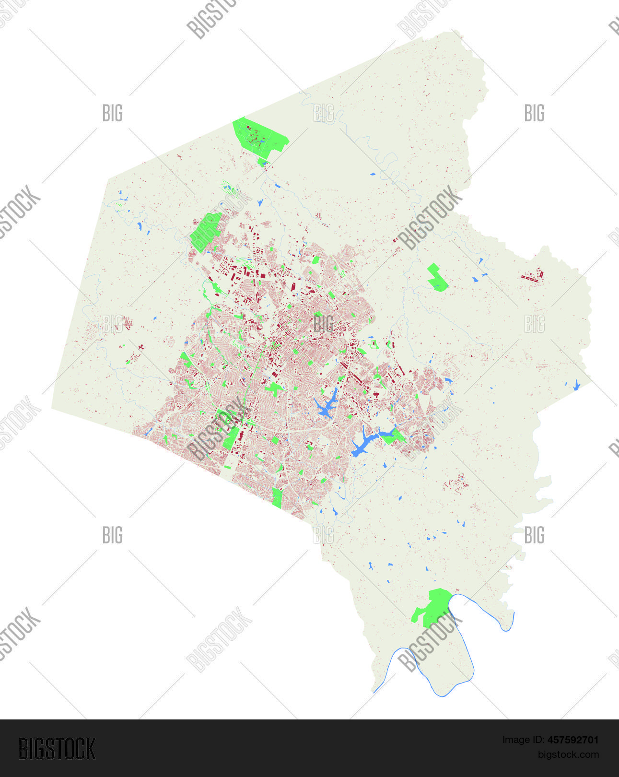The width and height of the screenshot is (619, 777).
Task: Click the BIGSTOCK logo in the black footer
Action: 57,749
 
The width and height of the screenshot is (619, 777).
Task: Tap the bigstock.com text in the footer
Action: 568,754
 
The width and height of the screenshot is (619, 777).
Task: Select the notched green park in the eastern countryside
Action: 437,278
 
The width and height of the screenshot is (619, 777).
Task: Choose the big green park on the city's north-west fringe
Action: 206,231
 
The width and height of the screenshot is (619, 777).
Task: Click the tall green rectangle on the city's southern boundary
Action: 277,497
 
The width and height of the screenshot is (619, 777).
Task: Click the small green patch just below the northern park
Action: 262,162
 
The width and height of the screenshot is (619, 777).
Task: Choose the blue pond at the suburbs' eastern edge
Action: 448,381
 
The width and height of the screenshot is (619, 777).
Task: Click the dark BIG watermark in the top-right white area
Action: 534,113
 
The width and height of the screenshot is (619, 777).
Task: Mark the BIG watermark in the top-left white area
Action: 113,113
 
